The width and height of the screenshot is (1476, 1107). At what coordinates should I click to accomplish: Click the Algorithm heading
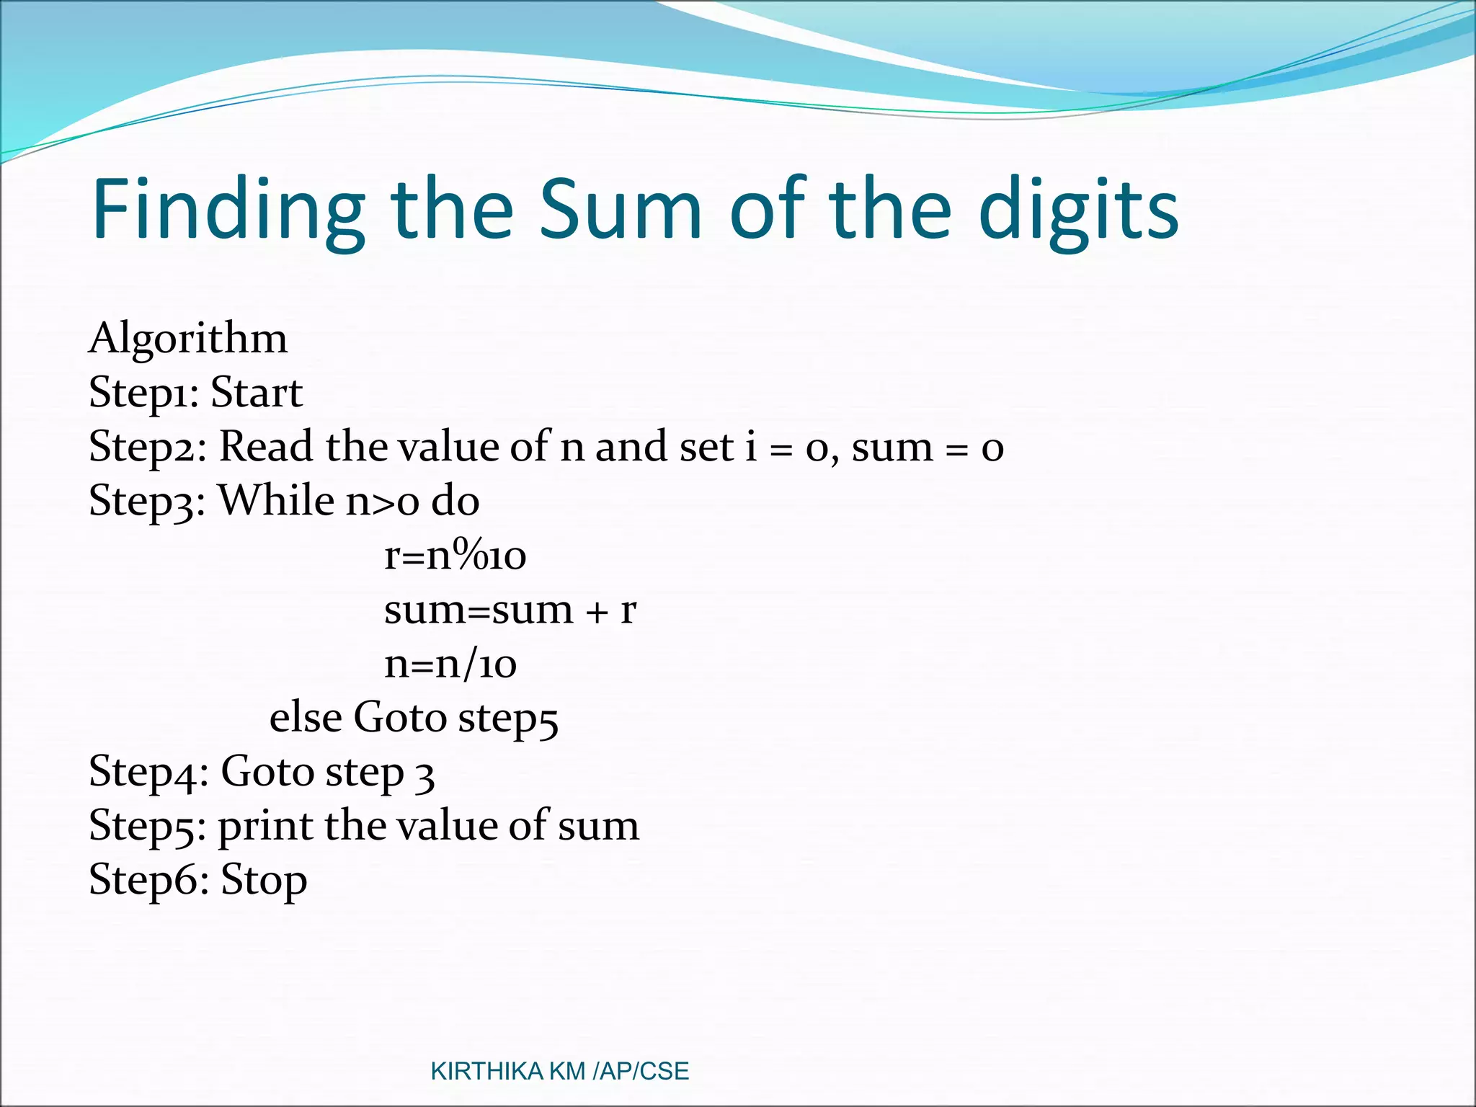tap(188, 338)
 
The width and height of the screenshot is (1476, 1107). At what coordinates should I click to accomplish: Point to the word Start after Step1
tap(257, 393)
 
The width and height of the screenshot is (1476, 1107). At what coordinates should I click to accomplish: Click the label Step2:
tap(148, 448)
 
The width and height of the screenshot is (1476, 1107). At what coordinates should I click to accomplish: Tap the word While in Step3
tap(276, 500)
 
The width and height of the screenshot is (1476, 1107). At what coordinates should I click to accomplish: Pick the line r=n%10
tap(455, 556)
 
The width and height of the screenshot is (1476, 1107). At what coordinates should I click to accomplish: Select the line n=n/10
tap(450, 664)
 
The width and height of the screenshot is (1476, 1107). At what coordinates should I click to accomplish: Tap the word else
tap(306, 718)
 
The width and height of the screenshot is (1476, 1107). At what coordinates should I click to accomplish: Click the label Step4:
tap(148, 773)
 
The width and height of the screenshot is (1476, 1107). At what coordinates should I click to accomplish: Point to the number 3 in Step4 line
tap(425, 774)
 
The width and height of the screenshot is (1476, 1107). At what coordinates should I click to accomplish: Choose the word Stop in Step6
tap(264, 881)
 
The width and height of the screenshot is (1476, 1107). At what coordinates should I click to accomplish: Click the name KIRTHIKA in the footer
tap(486, 1072)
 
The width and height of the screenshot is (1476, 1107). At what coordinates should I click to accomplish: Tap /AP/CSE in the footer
tap(641, 1072)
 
